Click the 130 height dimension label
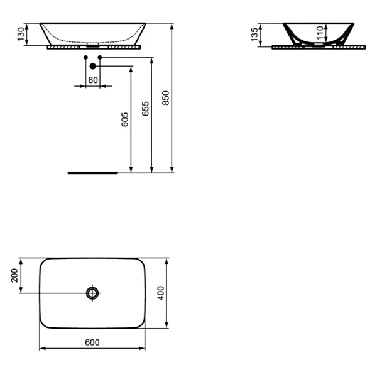tap(21, 34)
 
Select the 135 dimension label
tap(254, 35)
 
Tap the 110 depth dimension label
tap(320, 33)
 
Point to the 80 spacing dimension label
tap(93, 80)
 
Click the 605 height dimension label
tap(124, 119)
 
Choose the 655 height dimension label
tap(145, 109)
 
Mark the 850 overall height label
tap(166, 98)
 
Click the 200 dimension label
tap(14, 275)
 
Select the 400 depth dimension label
tap(161, 293)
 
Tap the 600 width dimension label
tap(92, 342)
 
